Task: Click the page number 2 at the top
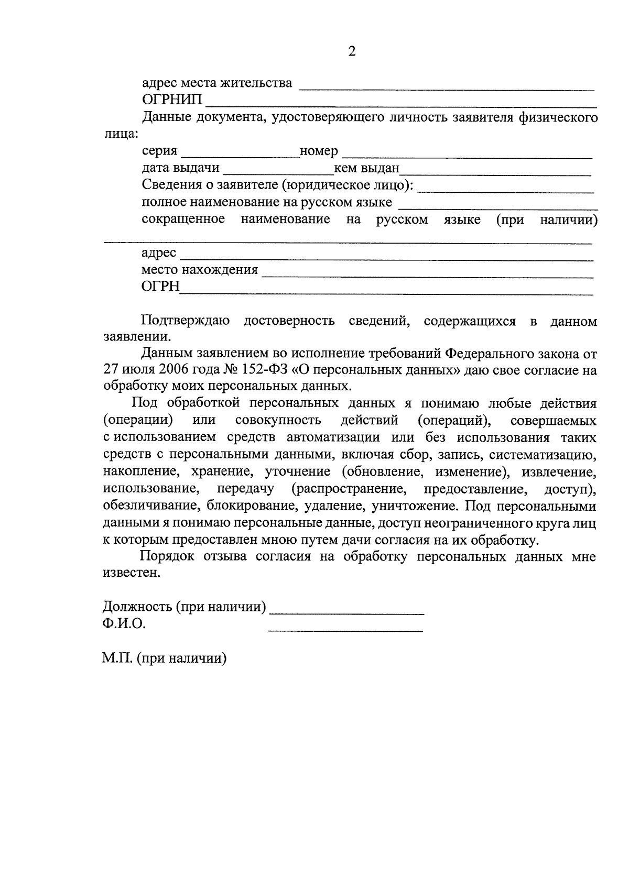click(352, 51)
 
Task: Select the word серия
click(159, 151)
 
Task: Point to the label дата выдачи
click(180, 168)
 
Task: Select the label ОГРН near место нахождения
click(160, 287)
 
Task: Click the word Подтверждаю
click(185, 321)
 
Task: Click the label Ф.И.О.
click(124, 624)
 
